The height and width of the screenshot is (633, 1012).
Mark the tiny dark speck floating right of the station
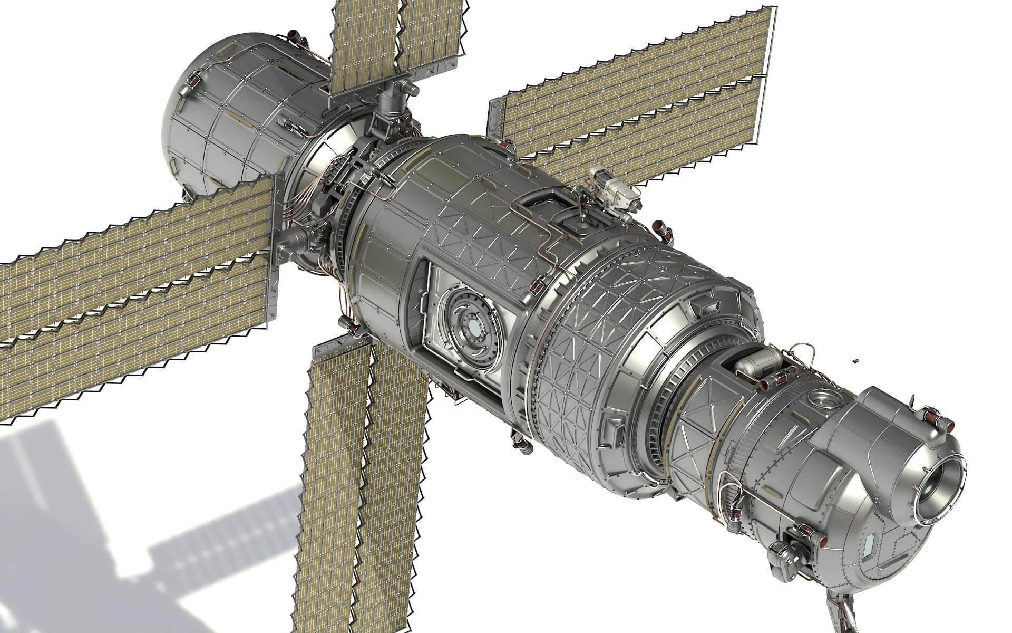click(x=855, y=361)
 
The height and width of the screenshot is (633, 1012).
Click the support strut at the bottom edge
click(x=843, y=617)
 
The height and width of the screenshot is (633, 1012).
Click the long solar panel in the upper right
click(x=632, y=100)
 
